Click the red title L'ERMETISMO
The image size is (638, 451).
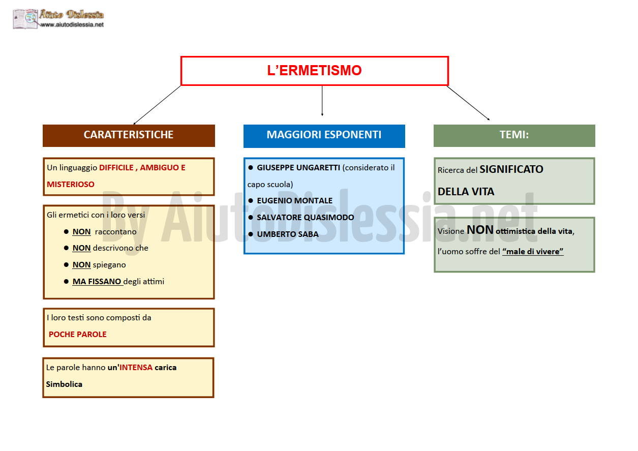tap(314, 70)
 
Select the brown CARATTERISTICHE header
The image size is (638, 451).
tap(129, 136)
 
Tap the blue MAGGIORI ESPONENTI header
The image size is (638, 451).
tap(324, 136)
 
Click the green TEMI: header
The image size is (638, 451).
tap(514, 136)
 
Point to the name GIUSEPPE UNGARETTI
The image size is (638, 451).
tap(298, 167)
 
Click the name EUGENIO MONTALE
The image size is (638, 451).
tap(294, 200)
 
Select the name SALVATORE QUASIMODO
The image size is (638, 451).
tap(306, 218)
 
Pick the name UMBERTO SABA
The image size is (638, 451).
tap(288, 234)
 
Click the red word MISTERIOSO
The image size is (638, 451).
tap(71, 185)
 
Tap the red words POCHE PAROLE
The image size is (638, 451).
tap(77, 334)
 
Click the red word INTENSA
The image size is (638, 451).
tap(136, 368)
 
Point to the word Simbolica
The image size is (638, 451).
tap(64, 384)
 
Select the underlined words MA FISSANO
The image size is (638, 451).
tap(97, 282)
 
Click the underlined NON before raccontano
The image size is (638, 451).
tap(81, 232)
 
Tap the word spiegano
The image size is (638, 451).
tap(109, 265)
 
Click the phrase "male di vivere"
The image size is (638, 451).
tap(533, 252)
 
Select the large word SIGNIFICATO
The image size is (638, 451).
tap(511, 169)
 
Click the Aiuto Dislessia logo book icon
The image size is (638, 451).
tap(25, 19)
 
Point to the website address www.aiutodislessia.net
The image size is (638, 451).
tap(72, 25)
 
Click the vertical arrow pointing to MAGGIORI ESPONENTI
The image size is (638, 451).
tap(322, 101)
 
